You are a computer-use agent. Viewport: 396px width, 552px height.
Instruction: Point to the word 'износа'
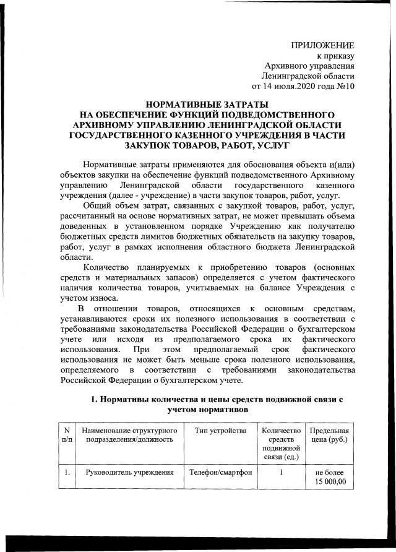[x=97, y=297]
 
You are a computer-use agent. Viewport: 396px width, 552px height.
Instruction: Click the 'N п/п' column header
[x=66, y=434]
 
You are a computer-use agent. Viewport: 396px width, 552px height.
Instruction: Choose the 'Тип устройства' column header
[x=220, y=430]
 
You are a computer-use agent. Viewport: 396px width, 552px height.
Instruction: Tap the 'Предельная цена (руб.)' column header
[x=329, y=434]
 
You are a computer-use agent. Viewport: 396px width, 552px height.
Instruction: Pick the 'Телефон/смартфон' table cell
[x=220, y=473]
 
